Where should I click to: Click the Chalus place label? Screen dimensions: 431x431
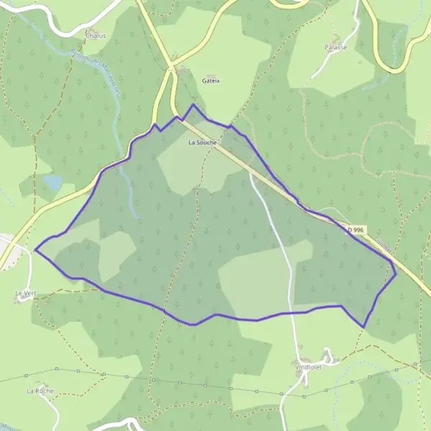95,34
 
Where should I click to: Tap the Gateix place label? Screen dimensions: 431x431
211,81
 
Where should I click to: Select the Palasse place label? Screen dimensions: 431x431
335,47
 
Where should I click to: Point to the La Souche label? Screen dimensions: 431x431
202,142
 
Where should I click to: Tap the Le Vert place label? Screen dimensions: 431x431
24,294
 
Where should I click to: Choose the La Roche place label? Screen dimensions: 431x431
40,391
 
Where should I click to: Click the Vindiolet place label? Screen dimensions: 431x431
308,366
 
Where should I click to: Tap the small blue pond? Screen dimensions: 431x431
52,183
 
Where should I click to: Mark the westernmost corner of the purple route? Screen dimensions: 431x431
35,250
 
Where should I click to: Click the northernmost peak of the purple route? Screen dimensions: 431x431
193,105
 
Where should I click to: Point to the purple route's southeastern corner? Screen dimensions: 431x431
364,327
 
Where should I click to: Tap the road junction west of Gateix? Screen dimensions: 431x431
171,68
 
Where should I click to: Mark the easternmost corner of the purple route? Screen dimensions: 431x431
396,273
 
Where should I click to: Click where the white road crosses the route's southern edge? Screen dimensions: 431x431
292,312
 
